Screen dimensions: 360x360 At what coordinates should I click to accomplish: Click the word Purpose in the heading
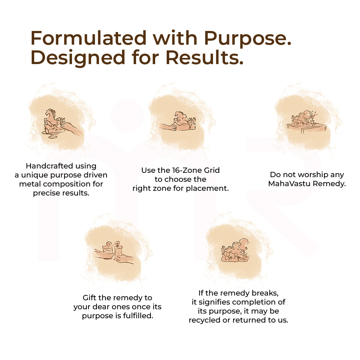tap(248, 39)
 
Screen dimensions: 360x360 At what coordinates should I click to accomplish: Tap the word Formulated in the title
tap(89, 38)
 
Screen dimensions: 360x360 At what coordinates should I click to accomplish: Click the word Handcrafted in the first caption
tap(49, 166)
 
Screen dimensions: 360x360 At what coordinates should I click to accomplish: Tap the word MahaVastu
tap(289, 184)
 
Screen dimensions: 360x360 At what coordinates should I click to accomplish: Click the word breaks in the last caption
tap(265, 293)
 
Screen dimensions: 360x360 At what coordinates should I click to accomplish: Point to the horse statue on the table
tap(301, 118)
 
